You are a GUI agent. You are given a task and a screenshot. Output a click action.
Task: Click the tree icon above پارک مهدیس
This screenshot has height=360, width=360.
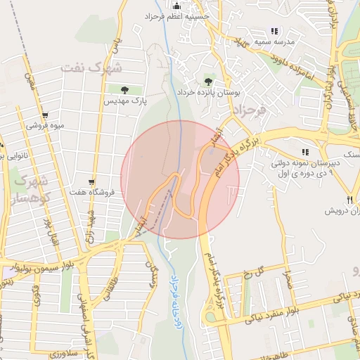pos(124,90)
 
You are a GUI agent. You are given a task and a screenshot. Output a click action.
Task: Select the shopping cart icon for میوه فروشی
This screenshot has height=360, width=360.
pos(45,115)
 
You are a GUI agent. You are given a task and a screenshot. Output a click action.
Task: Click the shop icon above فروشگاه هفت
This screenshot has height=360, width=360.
pos(91,181)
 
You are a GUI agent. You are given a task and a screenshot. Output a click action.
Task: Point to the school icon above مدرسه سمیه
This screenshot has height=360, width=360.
pos(274,31)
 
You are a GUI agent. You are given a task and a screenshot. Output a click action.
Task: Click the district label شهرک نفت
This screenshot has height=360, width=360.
pos(91,68)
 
